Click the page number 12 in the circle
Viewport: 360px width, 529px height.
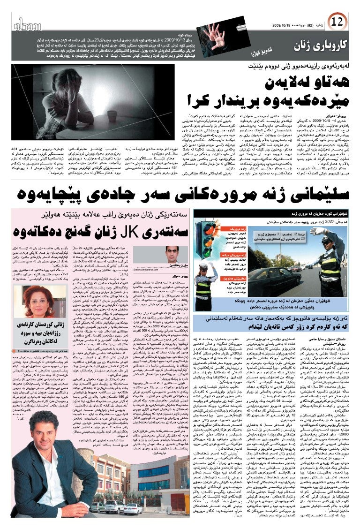tap(337, 22)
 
